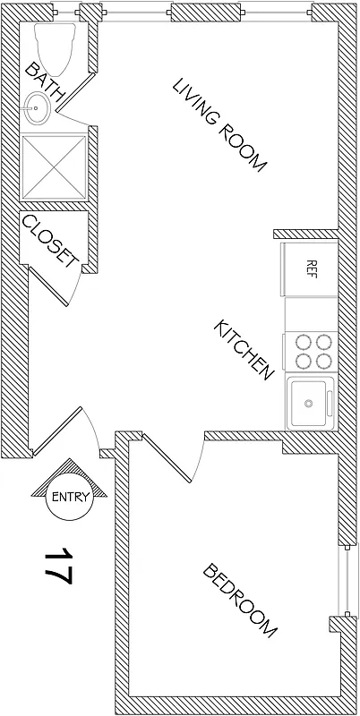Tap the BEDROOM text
coord(239,600)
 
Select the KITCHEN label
coord(242,349)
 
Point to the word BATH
coord(44,81)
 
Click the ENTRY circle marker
coord(70,498)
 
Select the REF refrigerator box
coord(311,268)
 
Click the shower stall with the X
coord(53,168)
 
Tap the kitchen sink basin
coord(309,402)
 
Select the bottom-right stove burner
coord(321,360)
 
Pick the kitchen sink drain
coord(309,403)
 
